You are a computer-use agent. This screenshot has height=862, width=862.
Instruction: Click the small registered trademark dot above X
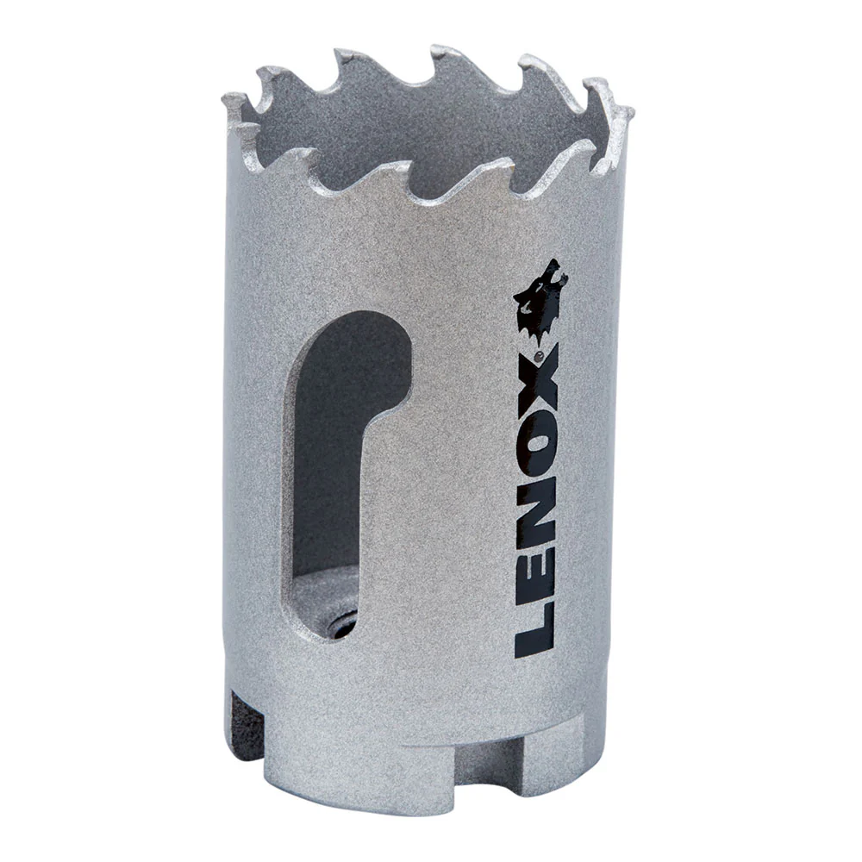(539, 353)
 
